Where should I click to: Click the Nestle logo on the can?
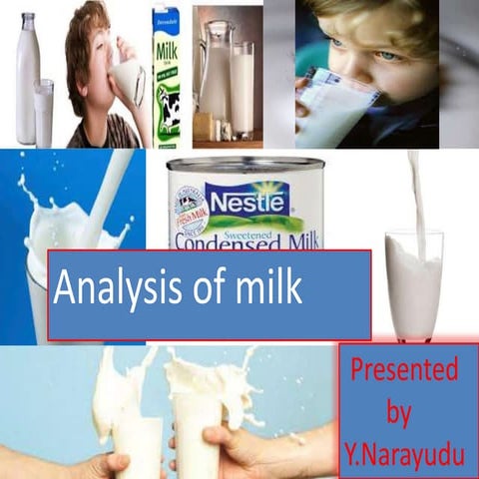coord(244,198)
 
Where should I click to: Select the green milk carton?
coord(166,75)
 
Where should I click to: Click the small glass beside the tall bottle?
coord(44,113)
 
